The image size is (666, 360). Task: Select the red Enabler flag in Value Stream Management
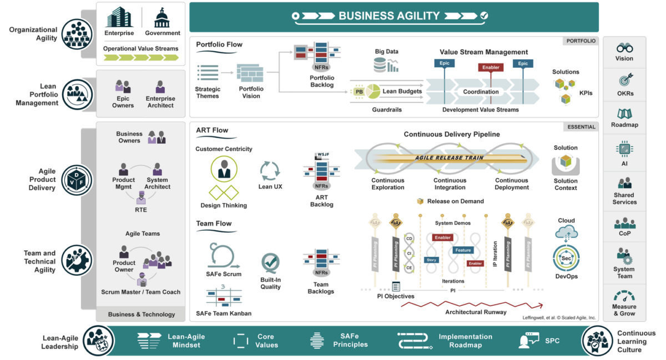(x=491, y=67)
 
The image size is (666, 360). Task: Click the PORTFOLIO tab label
(x=581, y=41)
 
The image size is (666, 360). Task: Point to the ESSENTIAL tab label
(x=581, y=127)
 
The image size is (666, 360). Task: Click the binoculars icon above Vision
(x=624, y=48)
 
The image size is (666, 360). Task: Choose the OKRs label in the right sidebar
(x=624, y=93)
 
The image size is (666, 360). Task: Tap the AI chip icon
(x=624, y=149)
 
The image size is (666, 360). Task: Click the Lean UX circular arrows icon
(x=270, y=171)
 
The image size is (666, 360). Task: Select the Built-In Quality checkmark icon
(x=270, y=262)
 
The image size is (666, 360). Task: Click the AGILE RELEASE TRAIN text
(x=450, y=158)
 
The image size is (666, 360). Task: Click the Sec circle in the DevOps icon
(x=566, y=258)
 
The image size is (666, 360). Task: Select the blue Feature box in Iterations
(x=462, y=250)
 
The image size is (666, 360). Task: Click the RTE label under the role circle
(x=141, y=210)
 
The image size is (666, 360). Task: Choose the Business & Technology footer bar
(x=141, y=314)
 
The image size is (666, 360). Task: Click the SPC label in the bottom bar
(x=552, y=341)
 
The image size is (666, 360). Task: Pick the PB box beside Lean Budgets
(x=359, y=92)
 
